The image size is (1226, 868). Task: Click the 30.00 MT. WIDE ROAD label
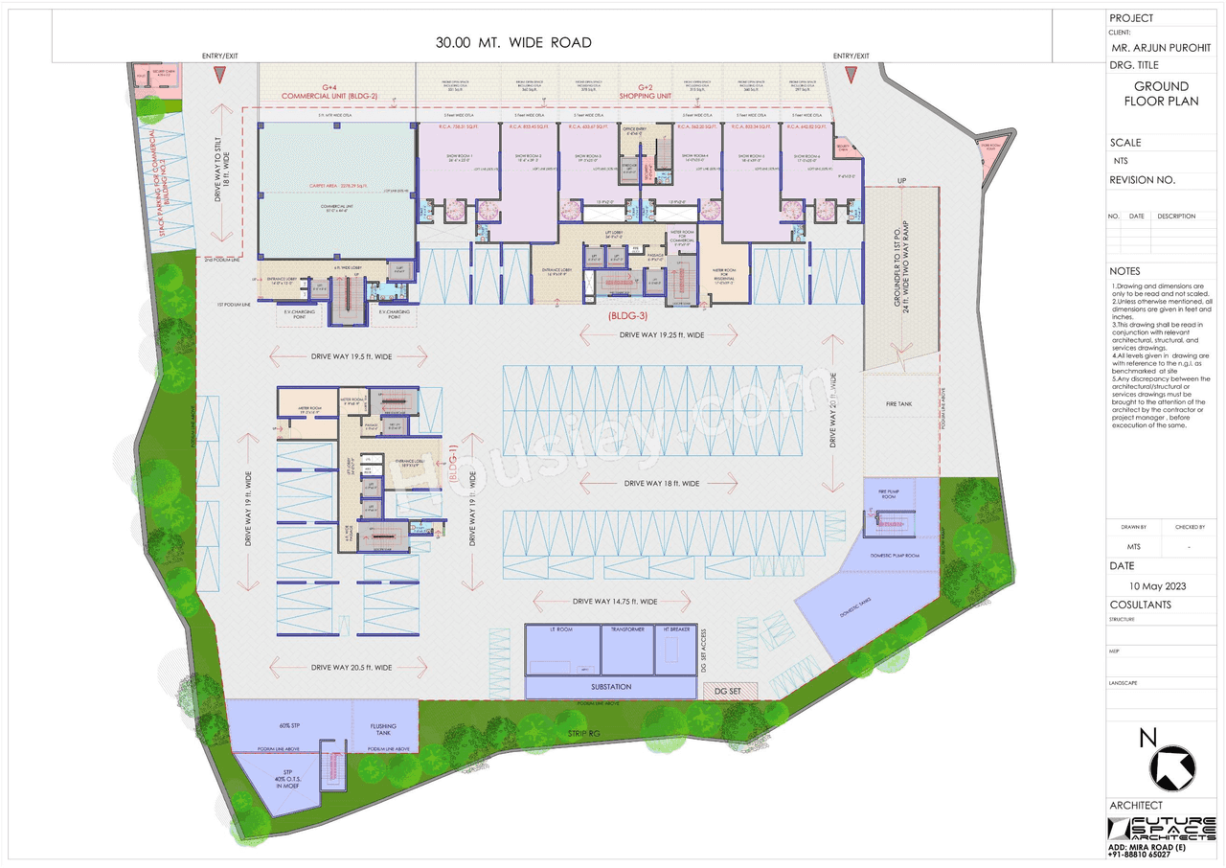[513, 42]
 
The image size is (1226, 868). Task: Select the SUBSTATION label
[611, 687]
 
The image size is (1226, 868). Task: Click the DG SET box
[730, 690]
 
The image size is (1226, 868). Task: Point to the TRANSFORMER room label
[626, 630]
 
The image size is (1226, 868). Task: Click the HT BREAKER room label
[675, 630]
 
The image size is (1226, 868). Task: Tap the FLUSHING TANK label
[383, 730]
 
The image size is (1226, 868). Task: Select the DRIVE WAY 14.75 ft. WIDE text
[614, 601]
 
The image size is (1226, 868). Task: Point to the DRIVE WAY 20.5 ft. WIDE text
[351, 667]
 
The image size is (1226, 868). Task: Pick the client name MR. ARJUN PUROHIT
[1161, 48]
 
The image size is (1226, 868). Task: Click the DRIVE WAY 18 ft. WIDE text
[661, 483]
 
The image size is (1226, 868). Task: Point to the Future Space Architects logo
[1162, 829]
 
